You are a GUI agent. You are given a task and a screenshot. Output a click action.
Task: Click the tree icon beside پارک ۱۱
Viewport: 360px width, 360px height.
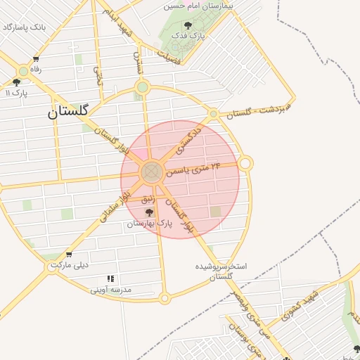pos(16,82)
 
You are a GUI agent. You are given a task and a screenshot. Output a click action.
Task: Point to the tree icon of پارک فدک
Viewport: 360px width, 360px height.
pos(186,26)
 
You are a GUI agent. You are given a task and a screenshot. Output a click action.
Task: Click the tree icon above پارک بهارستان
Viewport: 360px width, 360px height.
pos(148,212)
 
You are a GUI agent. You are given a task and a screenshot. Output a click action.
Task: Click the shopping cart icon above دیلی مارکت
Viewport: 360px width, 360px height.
pos(68,255)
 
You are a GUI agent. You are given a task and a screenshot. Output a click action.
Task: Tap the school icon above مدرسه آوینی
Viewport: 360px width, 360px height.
pos(110,279)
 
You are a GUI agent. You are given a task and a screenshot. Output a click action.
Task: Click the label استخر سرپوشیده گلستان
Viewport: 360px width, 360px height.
pos(221,272)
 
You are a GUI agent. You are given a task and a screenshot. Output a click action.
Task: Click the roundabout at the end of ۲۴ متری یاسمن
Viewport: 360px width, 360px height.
pos(245,163)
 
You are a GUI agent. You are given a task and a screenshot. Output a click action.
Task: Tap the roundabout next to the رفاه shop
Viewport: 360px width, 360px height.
pos(23,70)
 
